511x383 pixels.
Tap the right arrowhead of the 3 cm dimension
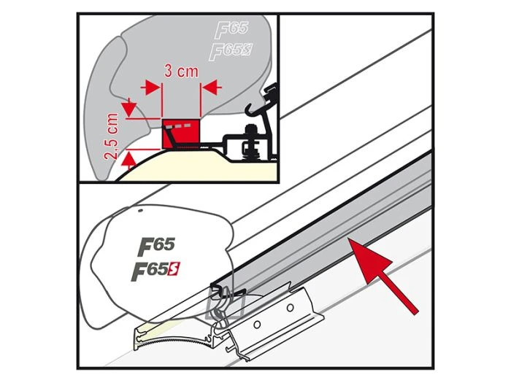(x=207, y=87)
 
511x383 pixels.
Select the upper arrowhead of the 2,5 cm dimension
(x=129, y=109)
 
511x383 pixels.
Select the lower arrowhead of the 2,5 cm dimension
(x=129, y=155)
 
